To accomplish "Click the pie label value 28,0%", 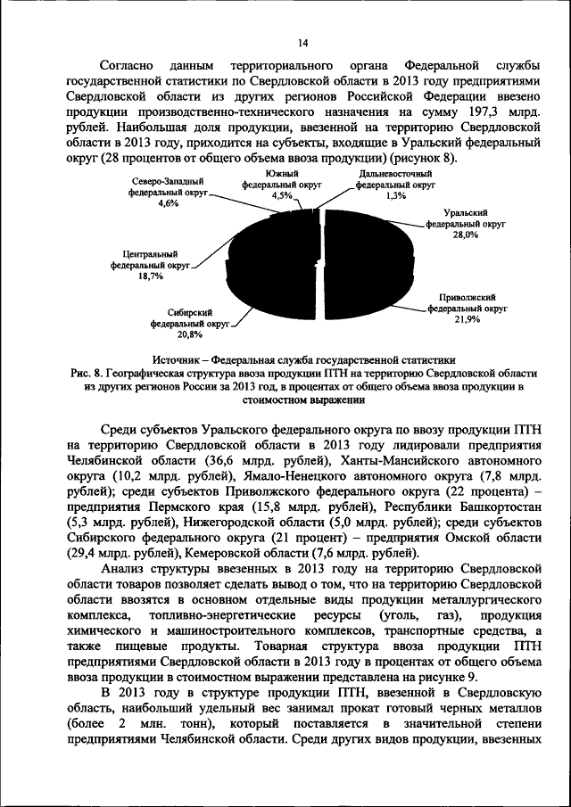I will click(465, 235).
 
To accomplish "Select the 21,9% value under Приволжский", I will click(466, 318).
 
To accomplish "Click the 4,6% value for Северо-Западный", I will click(167, 203).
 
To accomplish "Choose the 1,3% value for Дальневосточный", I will click(396, 195).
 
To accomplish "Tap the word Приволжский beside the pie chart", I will click(466, 296).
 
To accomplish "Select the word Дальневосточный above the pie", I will click(396, 175).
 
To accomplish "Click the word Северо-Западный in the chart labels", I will click(167, 181).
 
